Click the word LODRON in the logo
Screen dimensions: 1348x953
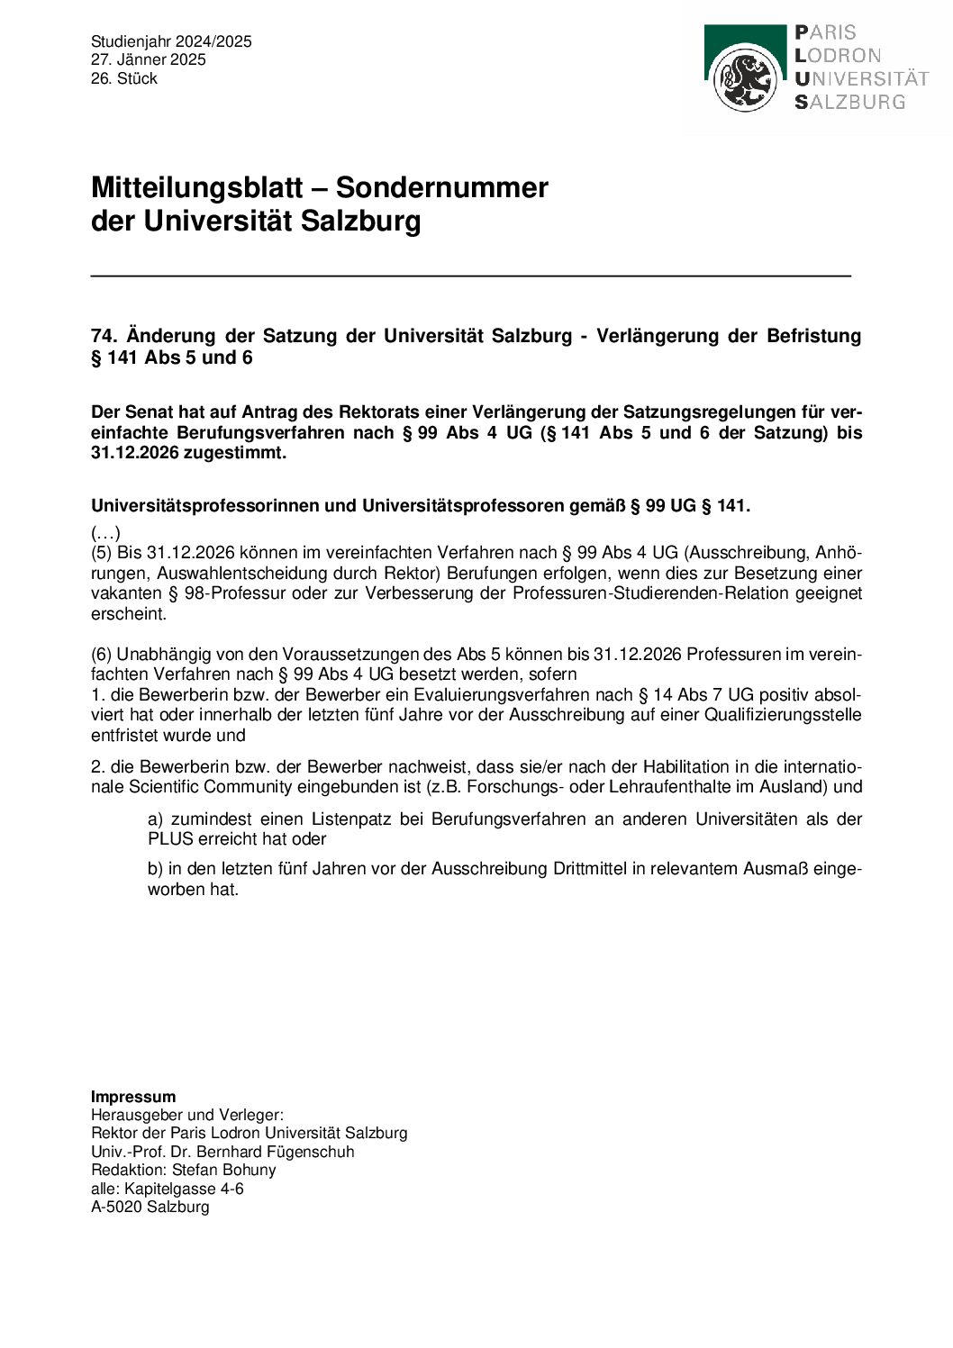[x=838, y=56]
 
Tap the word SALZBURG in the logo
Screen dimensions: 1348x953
[x=849, y=103]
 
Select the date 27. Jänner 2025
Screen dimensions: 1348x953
[x=149, y=59]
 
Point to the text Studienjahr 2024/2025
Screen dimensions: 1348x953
[x=171, y=41]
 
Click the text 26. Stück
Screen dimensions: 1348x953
[x=124, y=78]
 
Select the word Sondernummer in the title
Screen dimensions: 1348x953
[x=441, y=187]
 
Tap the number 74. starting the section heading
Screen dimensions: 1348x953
[x=104, y=336]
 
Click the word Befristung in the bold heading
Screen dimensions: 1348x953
[x=813, y=336]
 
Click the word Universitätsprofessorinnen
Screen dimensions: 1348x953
[x=204, y=505]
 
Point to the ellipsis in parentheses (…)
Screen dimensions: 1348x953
[x=105, y=532]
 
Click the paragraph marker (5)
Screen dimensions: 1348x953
[x=102, y=552]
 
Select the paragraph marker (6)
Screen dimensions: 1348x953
[x=102, y=654]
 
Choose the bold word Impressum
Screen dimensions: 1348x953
[x=133, y=1096]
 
